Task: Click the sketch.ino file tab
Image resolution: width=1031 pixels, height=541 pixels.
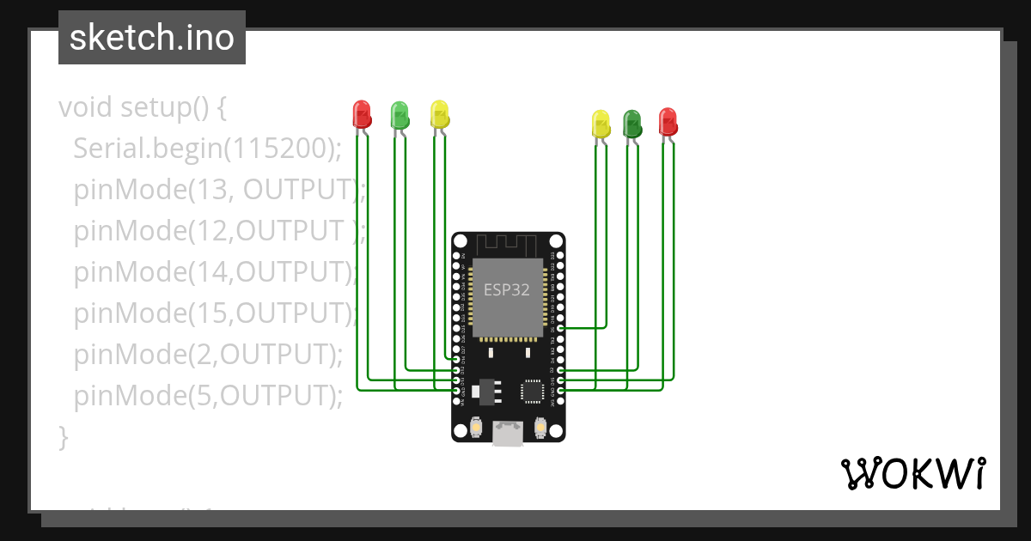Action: pos(152,38)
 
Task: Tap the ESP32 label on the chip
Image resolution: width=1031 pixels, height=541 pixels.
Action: pos(507,290)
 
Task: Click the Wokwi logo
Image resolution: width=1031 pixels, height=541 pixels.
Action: pos(912,473)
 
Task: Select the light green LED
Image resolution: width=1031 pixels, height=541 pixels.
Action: pos(400,114)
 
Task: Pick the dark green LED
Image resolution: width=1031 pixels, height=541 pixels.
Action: pos(632,124)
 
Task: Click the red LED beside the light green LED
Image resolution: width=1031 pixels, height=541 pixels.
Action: pos(362,114)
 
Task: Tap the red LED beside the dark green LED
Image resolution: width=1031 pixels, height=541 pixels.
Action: pos(668,121)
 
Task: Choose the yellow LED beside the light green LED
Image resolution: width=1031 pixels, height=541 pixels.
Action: pos(439,114)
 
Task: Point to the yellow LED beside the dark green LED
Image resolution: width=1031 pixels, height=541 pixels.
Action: pos(601,124)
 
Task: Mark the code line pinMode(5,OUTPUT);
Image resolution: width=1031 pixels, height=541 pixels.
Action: pos(208,395)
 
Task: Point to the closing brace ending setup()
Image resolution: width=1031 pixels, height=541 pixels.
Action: pos(63,435)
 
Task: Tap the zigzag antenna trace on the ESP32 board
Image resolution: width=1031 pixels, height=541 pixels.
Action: pos(508,244)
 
